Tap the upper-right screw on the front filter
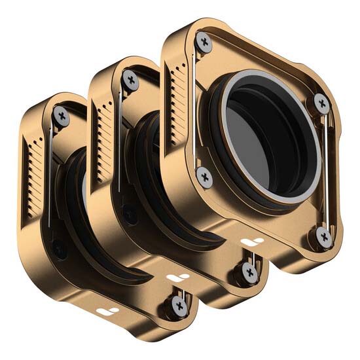321,102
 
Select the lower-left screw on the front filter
205,177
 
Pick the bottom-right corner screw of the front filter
323,236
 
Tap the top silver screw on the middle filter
132,81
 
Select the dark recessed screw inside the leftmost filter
58,248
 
